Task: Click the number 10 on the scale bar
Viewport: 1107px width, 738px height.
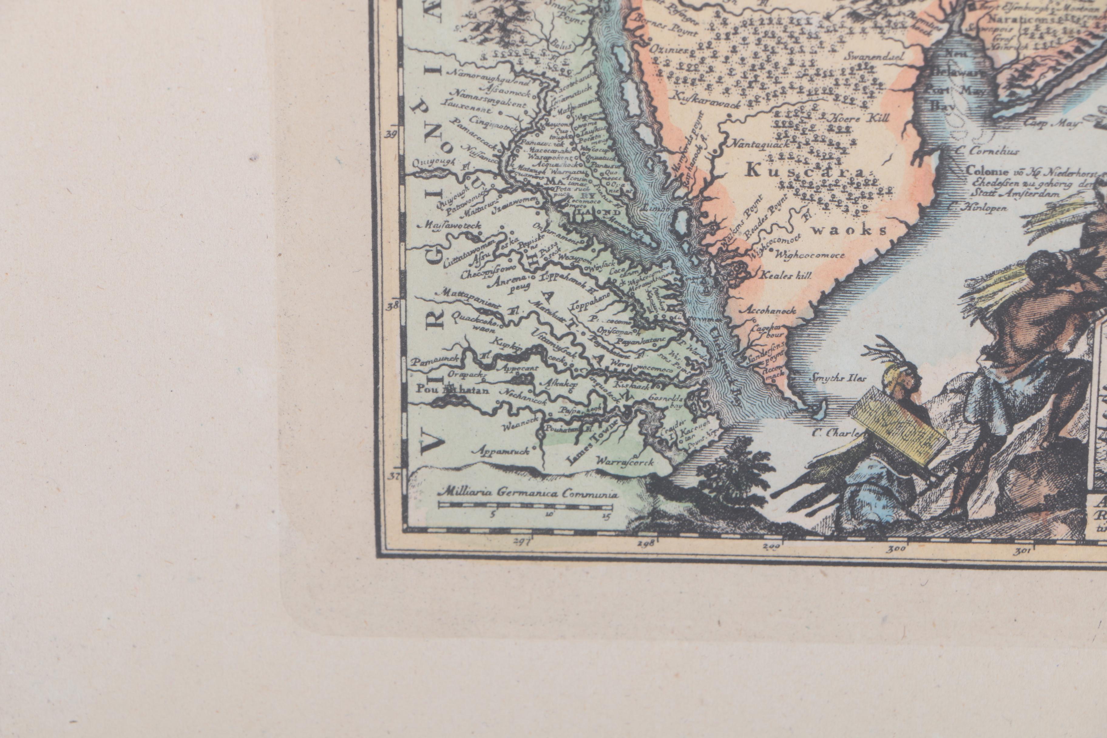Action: [x=550, y=514]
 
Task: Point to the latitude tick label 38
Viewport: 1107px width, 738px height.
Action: [x=391, y=306]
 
